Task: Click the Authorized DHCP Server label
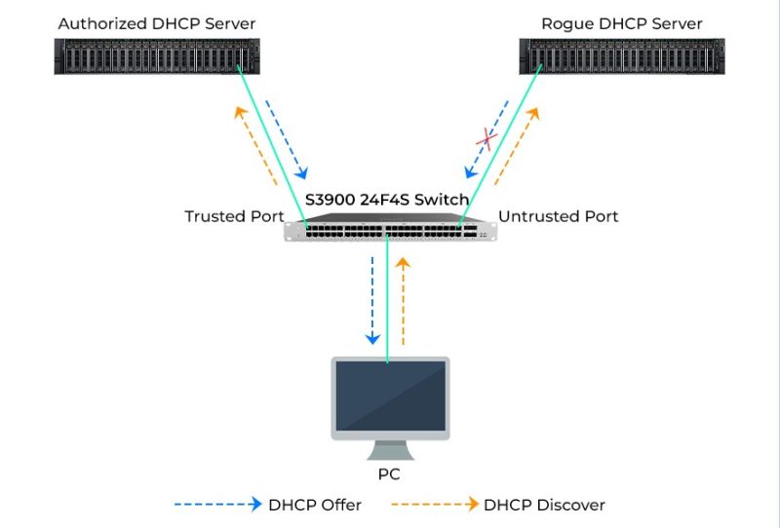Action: (x=156, y=22)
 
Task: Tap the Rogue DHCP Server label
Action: (x=622, y=22)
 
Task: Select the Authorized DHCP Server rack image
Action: (x=157, y=57)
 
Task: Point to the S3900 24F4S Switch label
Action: (x=387, y=199)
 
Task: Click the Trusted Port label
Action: (x=234, y=216)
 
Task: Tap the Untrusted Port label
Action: (x=558, y=216)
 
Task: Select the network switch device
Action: (x=390, y=231)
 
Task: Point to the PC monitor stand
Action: (x=390, y=450)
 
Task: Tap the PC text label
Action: (x=389, y=475)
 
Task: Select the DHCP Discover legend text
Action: (x=544, y=505)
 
